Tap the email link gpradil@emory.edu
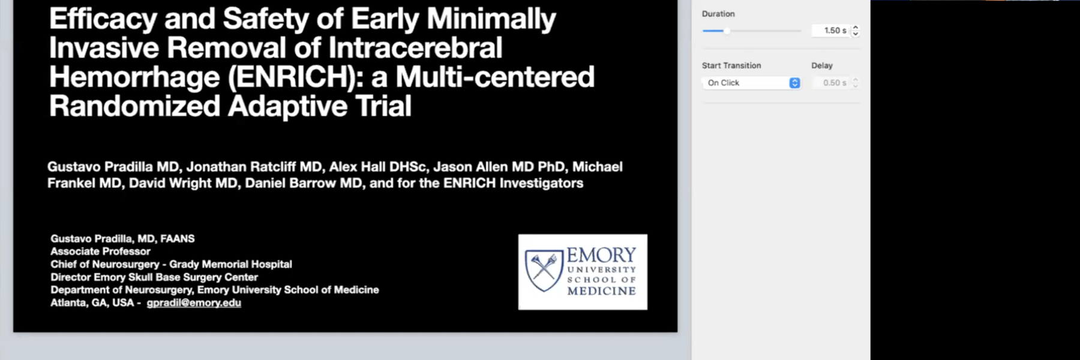(x=194, y=302)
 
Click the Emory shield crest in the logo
(x=544, y=270)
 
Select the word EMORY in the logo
(x=601, y=255)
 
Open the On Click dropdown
(x=751, y=83)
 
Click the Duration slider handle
(x=727, y=31)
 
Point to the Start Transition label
(x=731, y=65)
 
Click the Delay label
(x=822, y=65)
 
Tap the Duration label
(x=718, y=14)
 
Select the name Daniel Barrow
(x=290, y=183)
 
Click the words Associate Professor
(x=100, y=251)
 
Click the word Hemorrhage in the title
(x=135, y=77)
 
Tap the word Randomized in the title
(x=135, y=106)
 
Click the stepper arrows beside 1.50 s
(x=856, y=31)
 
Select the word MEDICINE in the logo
(x=602, y=291)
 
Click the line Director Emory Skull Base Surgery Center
(x=154, y=277)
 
